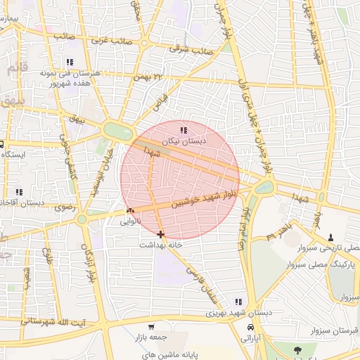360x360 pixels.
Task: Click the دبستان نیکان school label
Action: pyautogui.click(x=184, y=141)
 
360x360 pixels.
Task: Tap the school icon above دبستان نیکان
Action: pyautogui.click(x=184, y=130)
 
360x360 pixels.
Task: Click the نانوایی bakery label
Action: pyautogui.click(x=130, y=221)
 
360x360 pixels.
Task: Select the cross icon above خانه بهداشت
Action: pyautogui.click(x=161, y=234)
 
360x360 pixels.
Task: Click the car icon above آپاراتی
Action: pyautogui.click(x=250, y=328)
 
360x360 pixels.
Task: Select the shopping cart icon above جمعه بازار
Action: pyautogui.click(x=151, y=327)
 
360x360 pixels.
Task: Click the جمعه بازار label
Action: pyautogui.click(x=150, y=338)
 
